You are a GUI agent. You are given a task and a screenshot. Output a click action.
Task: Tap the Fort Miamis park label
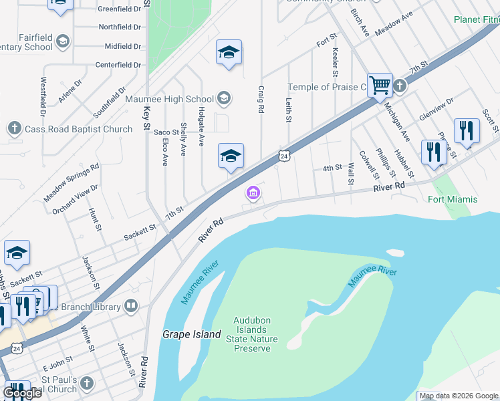[x=453, y=199]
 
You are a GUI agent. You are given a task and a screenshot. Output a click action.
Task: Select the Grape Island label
[x=192, y=333]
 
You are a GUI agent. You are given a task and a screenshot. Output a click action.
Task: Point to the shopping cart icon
[x=380, y=85]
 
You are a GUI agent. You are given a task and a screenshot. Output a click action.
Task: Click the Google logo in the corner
[x=22, y=393]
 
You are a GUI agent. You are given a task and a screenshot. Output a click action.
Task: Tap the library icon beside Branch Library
[x=131, y=307]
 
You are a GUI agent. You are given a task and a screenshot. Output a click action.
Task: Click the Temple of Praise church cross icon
[x=399, y=86]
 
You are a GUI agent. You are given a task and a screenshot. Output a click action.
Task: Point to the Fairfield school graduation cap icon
[x=63, y=42]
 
